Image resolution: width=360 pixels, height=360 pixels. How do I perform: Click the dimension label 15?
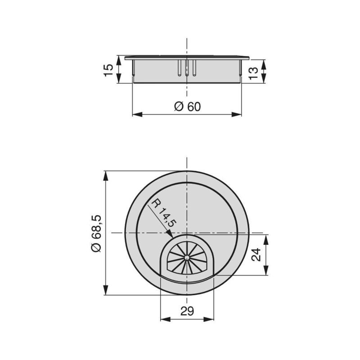[x=108, y=69]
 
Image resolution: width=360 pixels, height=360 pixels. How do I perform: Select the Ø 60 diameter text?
[x=187, y=107]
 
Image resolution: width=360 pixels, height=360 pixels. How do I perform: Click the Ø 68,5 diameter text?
[x=97, y=233]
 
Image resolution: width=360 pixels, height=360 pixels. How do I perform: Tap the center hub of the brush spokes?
[x=186, y=257]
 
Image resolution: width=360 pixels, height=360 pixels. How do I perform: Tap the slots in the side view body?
[x=187, y=67]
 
